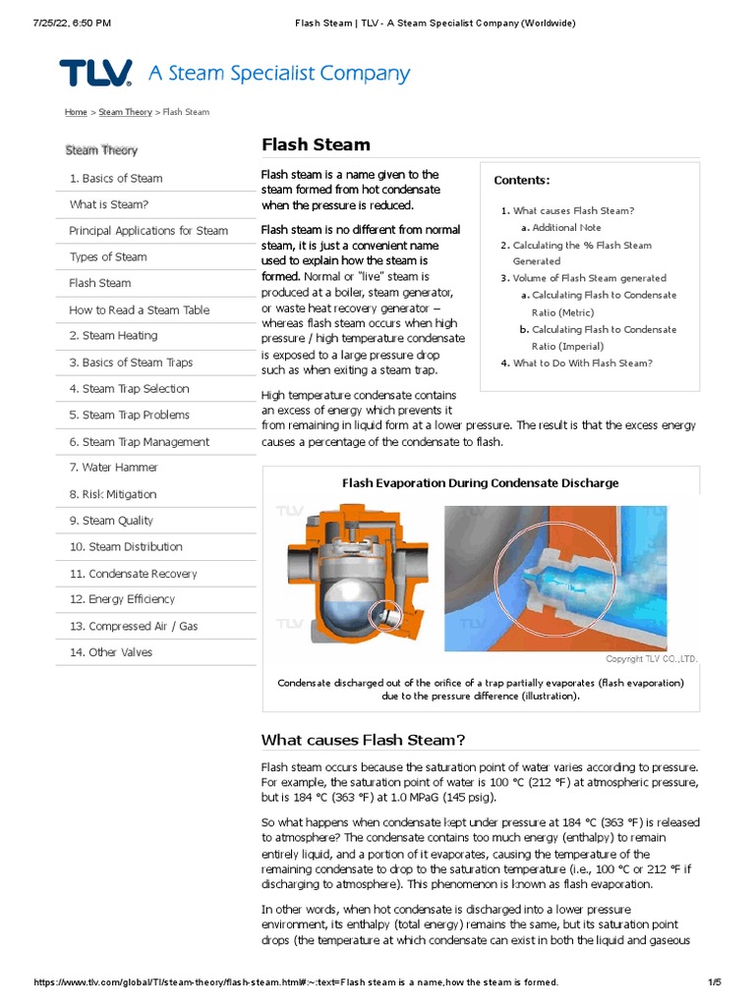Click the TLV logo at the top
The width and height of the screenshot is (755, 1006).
95,74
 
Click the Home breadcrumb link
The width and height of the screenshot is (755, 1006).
76,112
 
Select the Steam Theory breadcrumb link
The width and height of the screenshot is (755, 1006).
125,112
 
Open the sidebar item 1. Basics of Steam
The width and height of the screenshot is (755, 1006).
116,178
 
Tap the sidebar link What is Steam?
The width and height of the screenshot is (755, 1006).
109,204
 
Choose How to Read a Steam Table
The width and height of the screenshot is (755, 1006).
139,309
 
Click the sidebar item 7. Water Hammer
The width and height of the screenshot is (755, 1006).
113,468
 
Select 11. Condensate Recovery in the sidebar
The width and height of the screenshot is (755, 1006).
133,574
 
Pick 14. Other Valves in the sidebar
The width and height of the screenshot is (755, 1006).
110,652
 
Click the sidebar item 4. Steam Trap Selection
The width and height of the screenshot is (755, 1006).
129,389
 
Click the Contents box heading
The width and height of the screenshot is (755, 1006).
521,180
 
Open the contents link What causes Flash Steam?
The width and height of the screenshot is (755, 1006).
573,210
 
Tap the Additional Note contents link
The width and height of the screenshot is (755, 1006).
566,228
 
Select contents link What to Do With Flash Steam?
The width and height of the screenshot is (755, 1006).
582,363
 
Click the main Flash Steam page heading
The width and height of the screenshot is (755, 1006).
316,144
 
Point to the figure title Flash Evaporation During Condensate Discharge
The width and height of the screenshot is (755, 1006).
480,483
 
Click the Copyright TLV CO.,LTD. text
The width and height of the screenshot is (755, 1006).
651,659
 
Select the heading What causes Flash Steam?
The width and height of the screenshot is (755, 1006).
363,740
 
